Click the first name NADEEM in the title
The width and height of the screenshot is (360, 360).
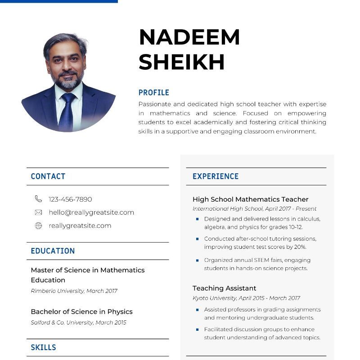tap(189, 37)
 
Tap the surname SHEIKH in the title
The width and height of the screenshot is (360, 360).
tap(181, 62)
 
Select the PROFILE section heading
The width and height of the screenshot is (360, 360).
tap(153, 93)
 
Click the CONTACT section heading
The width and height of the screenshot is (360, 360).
tap(48, 176)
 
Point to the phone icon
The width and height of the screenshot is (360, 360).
tap(38, 199)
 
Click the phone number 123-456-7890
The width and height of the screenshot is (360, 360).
tap(70, 199)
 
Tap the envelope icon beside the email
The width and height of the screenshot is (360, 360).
tap(38, 212)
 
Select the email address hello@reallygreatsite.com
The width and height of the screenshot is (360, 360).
tap(91, 212)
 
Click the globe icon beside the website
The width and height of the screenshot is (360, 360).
tap(38, 226)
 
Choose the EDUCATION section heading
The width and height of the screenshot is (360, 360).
tap(53, 251)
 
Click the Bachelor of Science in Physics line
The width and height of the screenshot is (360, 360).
tap(81, 311)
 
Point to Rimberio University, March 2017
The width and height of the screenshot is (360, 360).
tap(74, 291)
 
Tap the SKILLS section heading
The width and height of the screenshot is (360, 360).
tap(43, 347)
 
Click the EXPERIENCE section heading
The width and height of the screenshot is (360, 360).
tap(216, 176)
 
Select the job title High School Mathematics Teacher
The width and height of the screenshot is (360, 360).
tap(250, 199)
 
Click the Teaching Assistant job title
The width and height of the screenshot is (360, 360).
tap(224, 288)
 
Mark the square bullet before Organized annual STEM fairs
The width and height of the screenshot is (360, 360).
tap(197, 260)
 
